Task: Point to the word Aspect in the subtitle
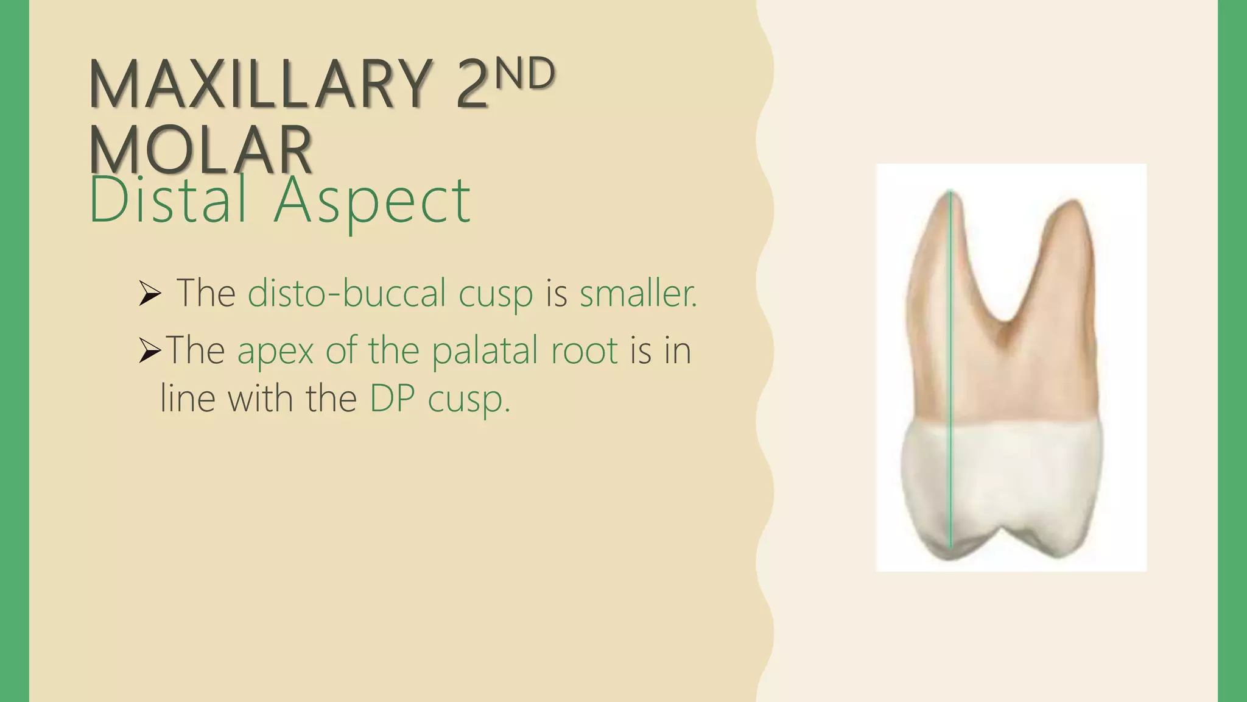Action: pos(372,201)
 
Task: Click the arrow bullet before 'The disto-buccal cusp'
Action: pos(149,294)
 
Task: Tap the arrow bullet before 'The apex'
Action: pos(149,350)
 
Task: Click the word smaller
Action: pos(637,293)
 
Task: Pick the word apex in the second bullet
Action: pos(275,351)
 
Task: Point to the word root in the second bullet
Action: pos(585,351)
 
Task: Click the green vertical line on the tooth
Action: pos(951,366)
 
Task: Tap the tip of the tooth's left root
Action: pos(951,194)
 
